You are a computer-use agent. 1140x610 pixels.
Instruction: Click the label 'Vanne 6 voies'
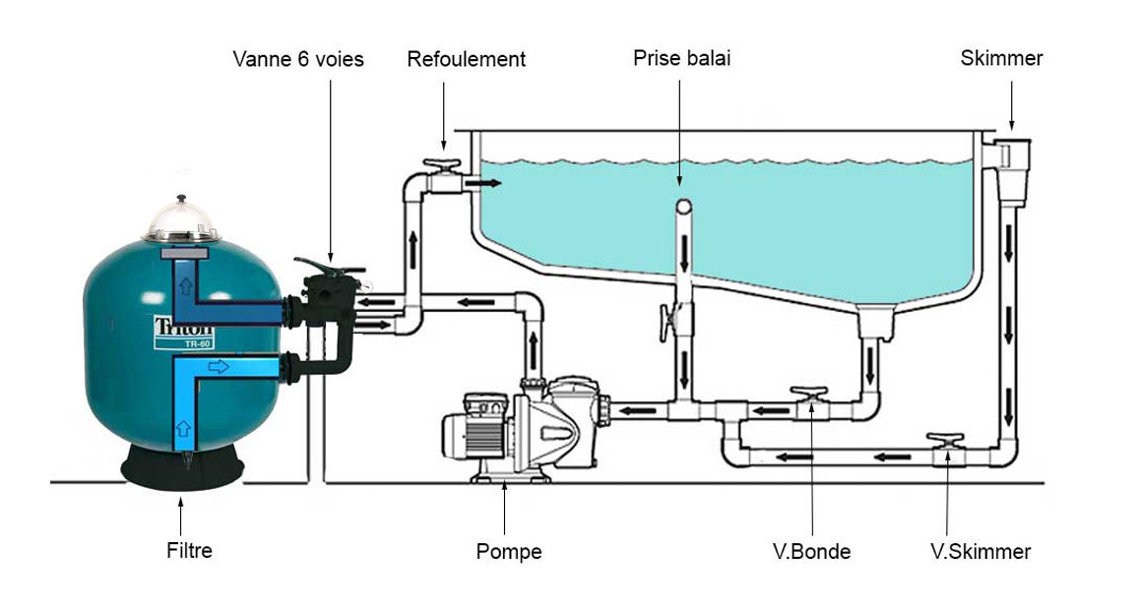click(x=297, y=59)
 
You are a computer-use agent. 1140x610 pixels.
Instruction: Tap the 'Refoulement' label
click(x=466, y=59)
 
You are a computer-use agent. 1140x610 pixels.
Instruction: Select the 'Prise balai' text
click(x=681, y=59)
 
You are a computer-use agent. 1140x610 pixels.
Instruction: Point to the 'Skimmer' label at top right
click(x=1001, y=58)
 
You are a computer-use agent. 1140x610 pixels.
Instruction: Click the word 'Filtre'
click(x=189, y=550)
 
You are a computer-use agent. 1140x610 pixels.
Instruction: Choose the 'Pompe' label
click(x=508, y=551)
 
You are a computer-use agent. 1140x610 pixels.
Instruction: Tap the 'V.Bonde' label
click(x=811, y=551)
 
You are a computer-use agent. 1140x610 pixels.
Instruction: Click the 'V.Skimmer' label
click(x=981, y=551)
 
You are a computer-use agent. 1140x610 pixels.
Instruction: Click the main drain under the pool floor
click(x=873, y=321)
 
